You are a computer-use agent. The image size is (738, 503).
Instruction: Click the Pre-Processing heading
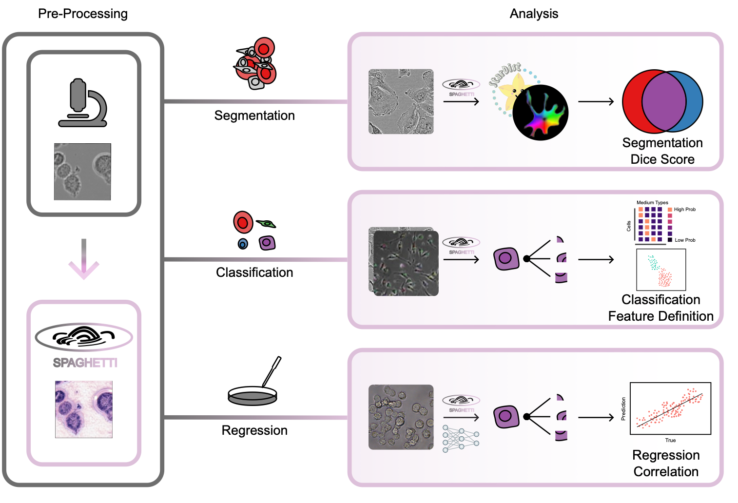point(83,14)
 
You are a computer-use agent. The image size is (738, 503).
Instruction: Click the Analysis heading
point(534,14)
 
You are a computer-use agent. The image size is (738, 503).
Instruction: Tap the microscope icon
point(82,103)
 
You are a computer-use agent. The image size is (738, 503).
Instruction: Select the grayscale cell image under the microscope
point(82,172)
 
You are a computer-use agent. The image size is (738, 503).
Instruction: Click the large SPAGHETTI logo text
point(85,363)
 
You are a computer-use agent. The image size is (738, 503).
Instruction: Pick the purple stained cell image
point(84,409)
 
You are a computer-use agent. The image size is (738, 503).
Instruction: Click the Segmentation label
point(254,116)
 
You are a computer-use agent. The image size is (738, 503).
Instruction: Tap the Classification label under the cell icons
point(254,272)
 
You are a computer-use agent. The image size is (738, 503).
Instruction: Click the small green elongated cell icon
point(266,224)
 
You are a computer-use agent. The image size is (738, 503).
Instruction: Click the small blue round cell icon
point(243,244)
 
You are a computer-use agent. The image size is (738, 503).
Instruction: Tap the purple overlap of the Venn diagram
point(663,101)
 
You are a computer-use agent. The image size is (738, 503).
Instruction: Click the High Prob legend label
point(684,210)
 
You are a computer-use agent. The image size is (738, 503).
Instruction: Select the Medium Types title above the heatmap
point(652,202)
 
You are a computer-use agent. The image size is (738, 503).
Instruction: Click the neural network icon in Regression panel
point(460,439)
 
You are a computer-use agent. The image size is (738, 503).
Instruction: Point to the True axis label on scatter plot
point(670,440)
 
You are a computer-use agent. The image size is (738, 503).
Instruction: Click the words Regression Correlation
point(666,463)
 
